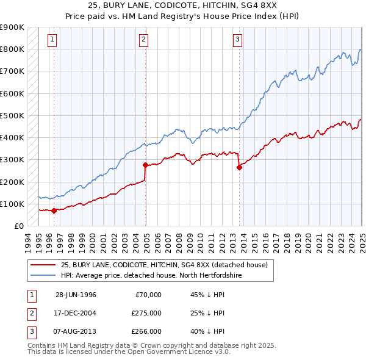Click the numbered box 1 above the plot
click(x=52, y=40)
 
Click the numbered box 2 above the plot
click(x=143, y=40)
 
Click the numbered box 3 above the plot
click(x=237, y=40)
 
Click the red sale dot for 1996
click(x=54, y=211)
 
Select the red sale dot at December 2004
click(x=145, y=165)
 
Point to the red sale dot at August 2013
click(x=239, y=167)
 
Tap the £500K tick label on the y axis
click(x=12, y=115)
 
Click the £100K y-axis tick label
click(x=12, y=204)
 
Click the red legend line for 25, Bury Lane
click(x=44, y=265)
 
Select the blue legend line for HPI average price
click(x=44, y=275)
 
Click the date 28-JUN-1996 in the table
click(x=76, y=295)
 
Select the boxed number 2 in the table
click(x=31, y=313)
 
